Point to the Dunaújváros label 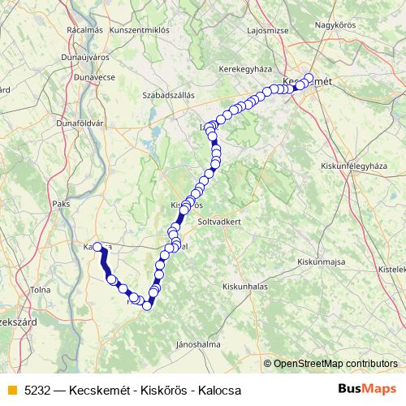[84, 58]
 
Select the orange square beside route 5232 [11, 390]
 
